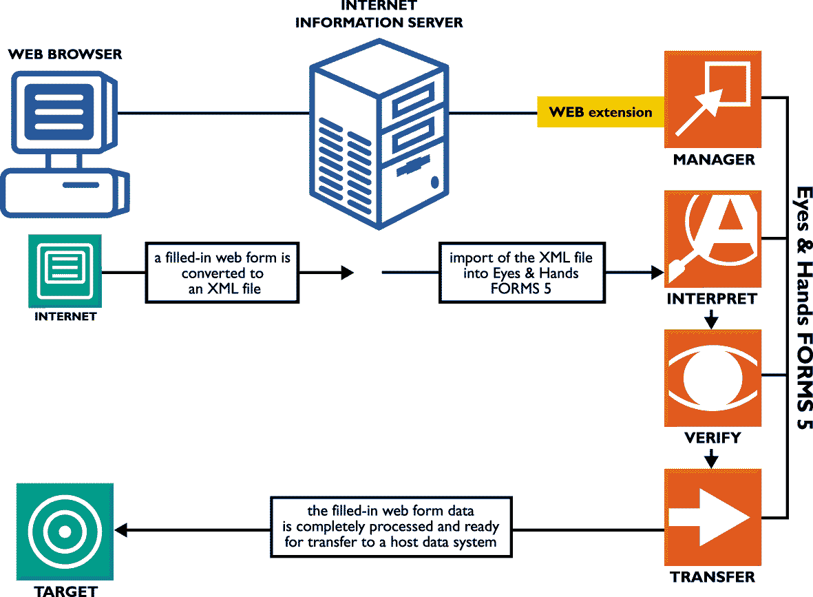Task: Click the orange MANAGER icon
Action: pyautogui.click(x=712, y=99)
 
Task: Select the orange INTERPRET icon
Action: pyautogui.click(x=712, y=239)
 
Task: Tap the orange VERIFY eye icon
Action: pyautogui.click(x=712, y=377)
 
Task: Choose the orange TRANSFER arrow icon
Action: pyautogui.click(x=712, y=516)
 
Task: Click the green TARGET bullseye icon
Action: pyautogui.click(x=64, y=531)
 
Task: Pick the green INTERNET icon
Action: pyautogui.click(x=65, y=271)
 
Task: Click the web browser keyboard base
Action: pyautogui.click(x=65, y=192)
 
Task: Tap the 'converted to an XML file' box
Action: pyautogui.click(x=222, y=273)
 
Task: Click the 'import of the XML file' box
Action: pyautogui.click(x=521, y=273)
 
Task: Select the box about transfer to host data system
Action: pyautogui.click(x=390, y=527)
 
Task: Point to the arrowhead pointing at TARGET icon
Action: pyautogui.click(x=121, y=530)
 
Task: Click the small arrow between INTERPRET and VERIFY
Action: pyautogui.click(x=712, y=320)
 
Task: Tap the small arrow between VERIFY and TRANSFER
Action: pyautogui.click(x=712, y=458)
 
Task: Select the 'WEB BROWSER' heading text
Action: pyautogui.click(x=65, y=54)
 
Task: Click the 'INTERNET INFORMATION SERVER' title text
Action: pyautogui.click(x=379, y=14)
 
